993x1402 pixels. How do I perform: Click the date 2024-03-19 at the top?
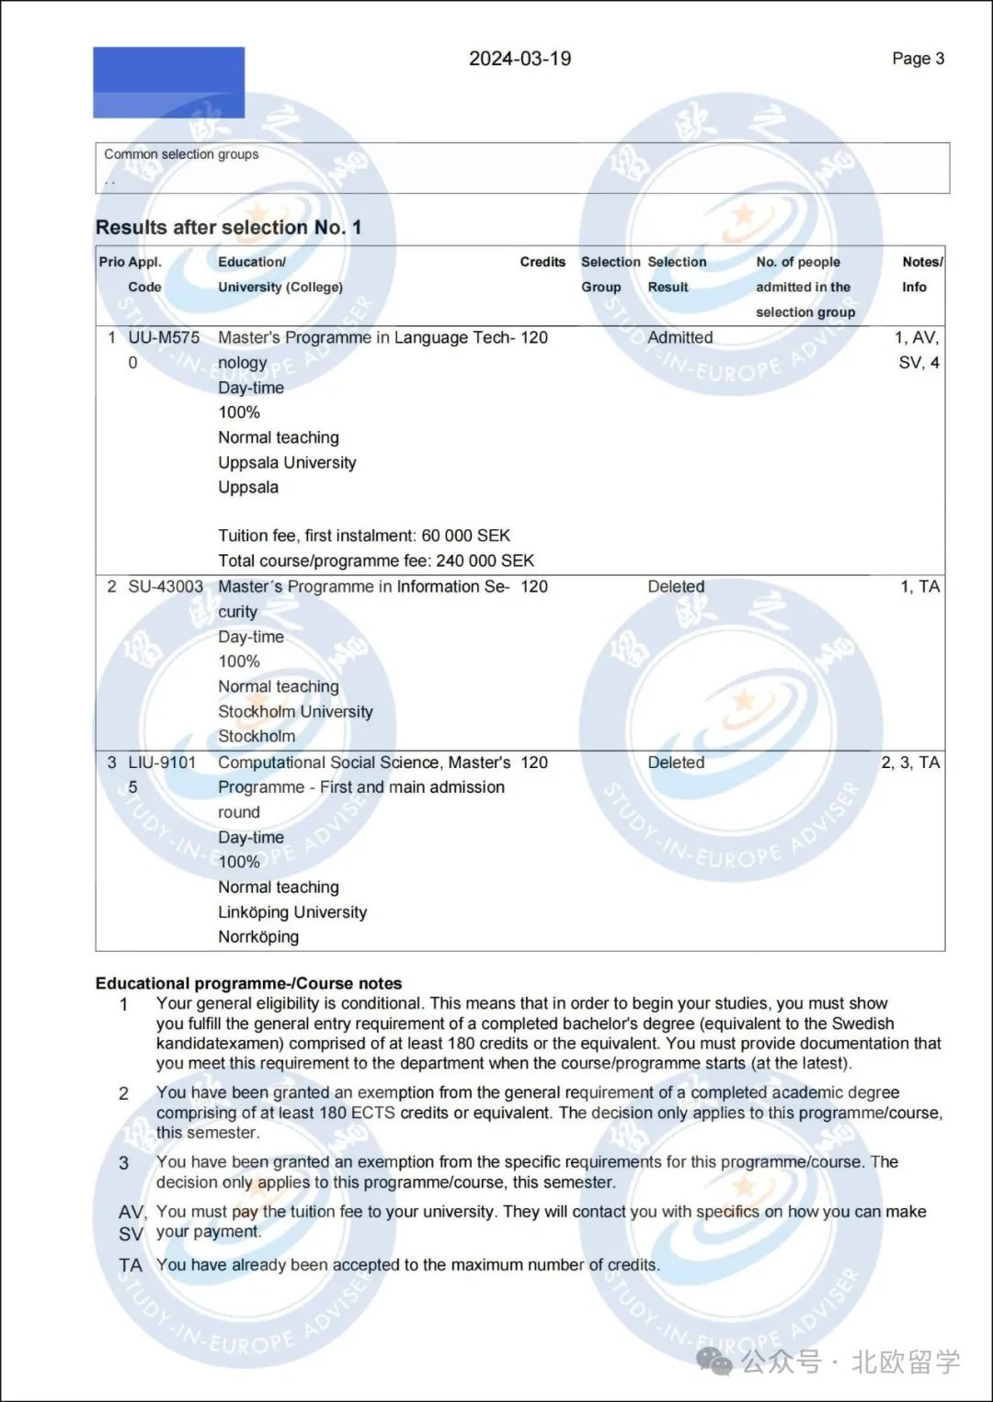(x=519, y=59)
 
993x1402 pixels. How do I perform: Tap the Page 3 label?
(x=918, y=59)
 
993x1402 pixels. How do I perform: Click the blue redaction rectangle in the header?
(x=169, y=83)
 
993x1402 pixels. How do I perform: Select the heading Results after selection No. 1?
(x=228, y=227)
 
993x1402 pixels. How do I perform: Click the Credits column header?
(x=542, y=262)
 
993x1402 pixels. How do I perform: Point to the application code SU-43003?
(x=165, y=586)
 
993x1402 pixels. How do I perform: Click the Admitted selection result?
(x=679, y=337)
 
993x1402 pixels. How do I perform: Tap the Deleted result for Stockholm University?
(x=676, y=586)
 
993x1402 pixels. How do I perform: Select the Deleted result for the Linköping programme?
(x=676, y=762)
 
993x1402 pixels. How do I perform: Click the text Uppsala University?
(x=287, y=462)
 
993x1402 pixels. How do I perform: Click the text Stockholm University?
(x=295, y=711)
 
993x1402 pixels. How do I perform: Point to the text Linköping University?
(x=292, y=911)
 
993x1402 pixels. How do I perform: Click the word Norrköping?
(x=258, y=936)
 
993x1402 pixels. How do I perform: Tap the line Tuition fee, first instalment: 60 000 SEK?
(x=364, y=536)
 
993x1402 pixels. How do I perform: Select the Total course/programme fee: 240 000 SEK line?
(x=376, y=560)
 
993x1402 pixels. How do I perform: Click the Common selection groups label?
(x=181, y=154)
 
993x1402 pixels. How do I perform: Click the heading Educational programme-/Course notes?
(x=248, y=983)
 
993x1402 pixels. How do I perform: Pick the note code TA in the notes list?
(x=131, y=1265)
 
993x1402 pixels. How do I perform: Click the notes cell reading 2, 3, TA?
(x=910, y=762)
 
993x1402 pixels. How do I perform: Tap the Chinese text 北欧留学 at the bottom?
(x=905, y=1362)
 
